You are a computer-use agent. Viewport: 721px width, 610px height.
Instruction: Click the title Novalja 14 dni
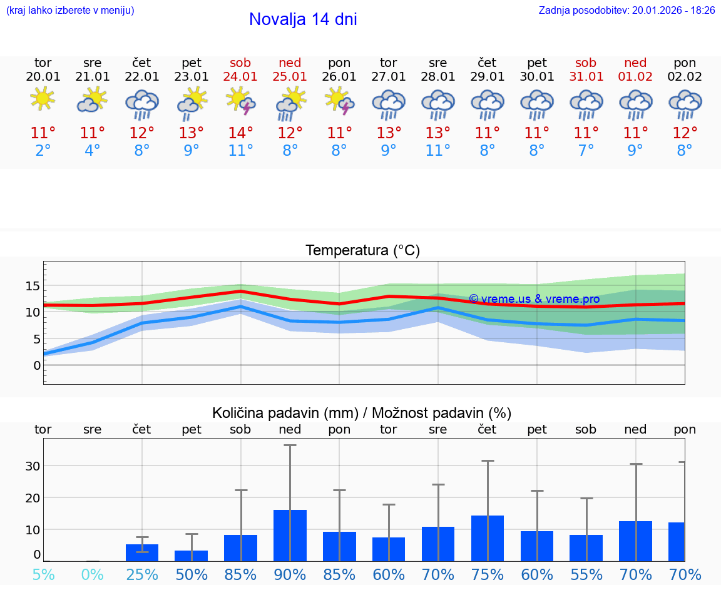click(x=303, y=19)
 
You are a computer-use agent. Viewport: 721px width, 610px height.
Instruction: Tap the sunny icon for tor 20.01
click(x=43, y=99)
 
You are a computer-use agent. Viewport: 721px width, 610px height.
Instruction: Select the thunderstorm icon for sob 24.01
click(x=240, y=101)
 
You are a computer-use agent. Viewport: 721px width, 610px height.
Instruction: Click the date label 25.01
click(x=290, y=76)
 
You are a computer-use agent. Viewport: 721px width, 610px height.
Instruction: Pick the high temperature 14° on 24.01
click(x=240, y=133)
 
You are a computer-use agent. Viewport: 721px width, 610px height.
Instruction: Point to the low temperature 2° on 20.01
click(x=43, y=150)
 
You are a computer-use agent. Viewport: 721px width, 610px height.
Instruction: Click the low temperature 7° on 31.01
click(x=586, y=150)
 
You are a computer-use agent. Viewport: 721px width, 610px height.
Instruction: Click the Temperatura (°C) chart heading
click(x=362, y=250)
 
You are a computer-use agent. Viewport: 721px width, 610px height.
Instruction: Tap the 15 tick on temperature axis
click(x=33, y=286)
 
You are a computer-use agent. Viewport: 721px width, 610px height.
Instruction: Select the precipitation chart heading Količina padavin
click(x=362, y=413)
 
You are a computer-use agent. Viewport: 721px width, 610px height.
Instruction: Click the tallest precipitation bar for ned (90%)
click(x=290, y=536)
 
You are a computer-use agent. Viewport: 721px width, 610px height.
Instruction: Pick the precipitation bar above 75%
click(x=488, y=538)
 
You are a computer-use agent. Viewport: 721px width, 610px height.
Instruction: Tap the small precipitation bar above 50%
click(x=191, y=556)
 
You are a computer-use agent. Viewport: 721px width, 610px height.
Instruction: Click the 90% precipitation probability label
click(x=290, y=574)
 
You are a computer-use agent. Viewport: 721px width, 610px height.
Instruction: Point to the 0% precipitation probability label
click(x=92, y=574)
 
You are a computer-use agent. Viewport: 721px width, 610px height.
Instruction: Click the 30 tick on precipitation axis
click(x=33, y=466)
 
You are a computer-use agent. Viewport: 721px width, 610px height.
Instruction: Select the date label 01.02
click(x=635, y=76)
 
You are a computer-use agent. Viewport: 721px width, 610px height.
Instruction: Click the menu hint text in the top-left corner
click(x=70, y=10)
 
